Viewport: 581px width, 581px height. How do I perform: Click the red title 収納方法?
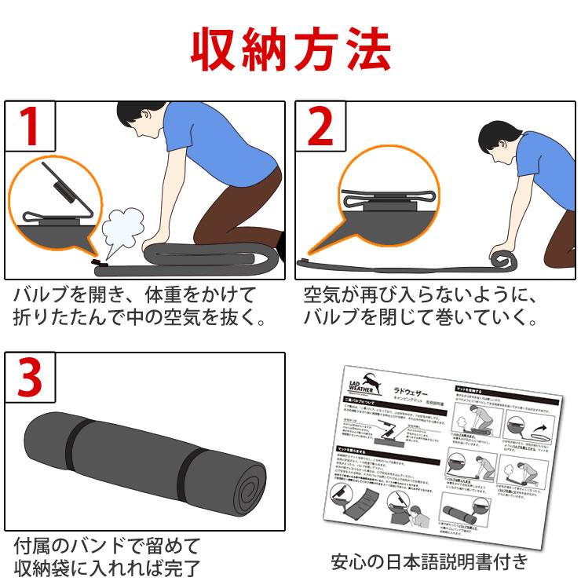[290, 49]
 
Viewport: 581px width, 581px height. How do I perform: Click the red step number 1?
[30, 126]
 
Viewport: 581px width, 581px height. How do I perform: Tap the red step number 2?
[320, 126]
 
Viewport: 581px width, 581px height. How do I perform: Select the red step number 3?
[30, 378]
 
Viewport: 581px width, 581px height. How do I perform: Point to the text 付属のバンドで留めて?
[107, 544]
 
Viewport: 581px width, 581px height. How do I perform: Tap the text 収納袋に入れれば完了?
[107, 567]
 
